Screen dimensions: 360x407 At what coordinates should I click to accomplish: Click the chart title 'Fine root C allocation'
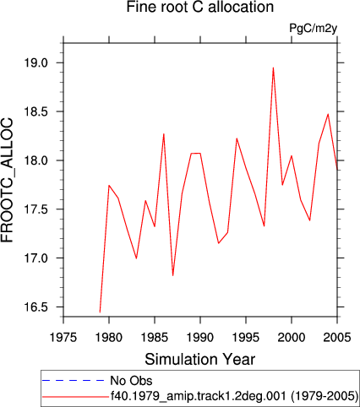[x=200, y=7]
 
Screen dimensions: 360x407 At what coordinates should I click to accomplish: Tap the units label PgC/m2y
[x=313, y=29]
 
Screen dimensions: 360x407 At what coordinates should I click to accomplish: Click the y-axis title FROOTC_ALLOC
[x=8, y=180]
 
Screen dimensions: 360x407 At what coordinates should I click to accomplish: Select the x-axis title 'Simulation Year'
[x=200, y=360]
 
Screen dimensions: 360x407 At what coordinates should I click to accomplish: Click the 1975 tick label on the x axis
[x=63, y=337]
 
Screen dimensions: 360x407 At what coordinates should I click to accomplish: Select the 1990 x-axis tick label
[x=200, y=337]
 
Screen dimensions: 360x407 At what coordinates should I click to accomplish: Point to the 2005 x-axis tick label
[x=337, y=337]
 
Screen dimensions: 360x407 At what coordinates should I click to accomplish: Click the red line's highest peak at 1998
[x=273, y=68]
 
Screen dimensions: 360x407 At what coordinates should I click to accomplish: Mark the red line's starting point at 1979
[x=100, y=312]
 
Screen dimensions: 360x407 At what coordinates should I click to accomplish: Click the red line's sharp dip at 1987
[x=172, y=275]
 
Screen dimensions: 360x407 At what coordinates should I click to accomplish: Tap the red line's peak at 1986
[x=164, y=134]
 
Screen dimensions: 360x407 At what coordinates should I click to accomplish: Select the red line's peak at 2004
[x=328, y=114]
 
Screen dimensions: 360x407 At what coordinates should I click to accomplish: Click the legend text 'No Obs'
[x=131, y=381]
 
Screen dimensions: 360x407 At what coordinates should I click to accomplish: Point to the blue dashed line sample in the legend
[x=73, y=381]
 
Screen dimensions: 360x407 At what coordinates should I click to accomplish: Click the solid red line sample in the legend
[x=75, y=397]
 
